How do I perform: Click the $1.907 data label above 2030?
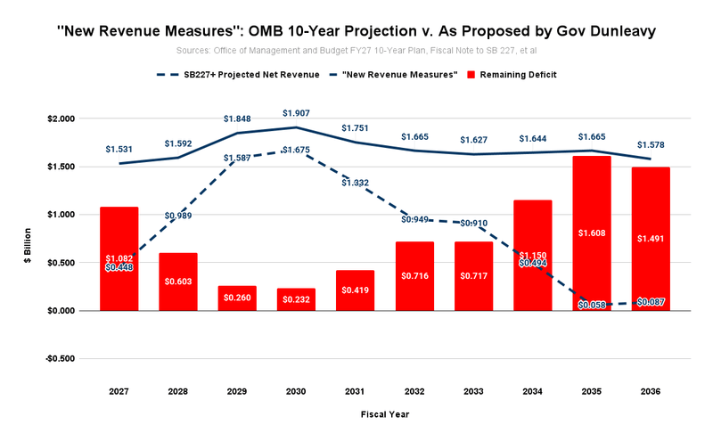[297, 113]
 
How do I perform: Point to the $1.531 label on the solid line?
[119, 149]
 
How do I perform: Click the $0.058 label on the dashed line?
[592, 305]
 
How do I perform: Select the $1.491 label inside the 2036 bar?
[651, 238]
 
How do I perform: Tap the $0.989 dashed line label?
[177, 216]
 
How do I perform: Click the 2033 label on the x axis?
[474, 389]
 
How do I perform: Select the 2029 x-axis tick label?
[238, 389]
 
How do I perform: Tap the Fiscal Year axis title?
[385, 414]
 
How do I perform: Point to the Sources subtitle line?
[356, 51]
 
